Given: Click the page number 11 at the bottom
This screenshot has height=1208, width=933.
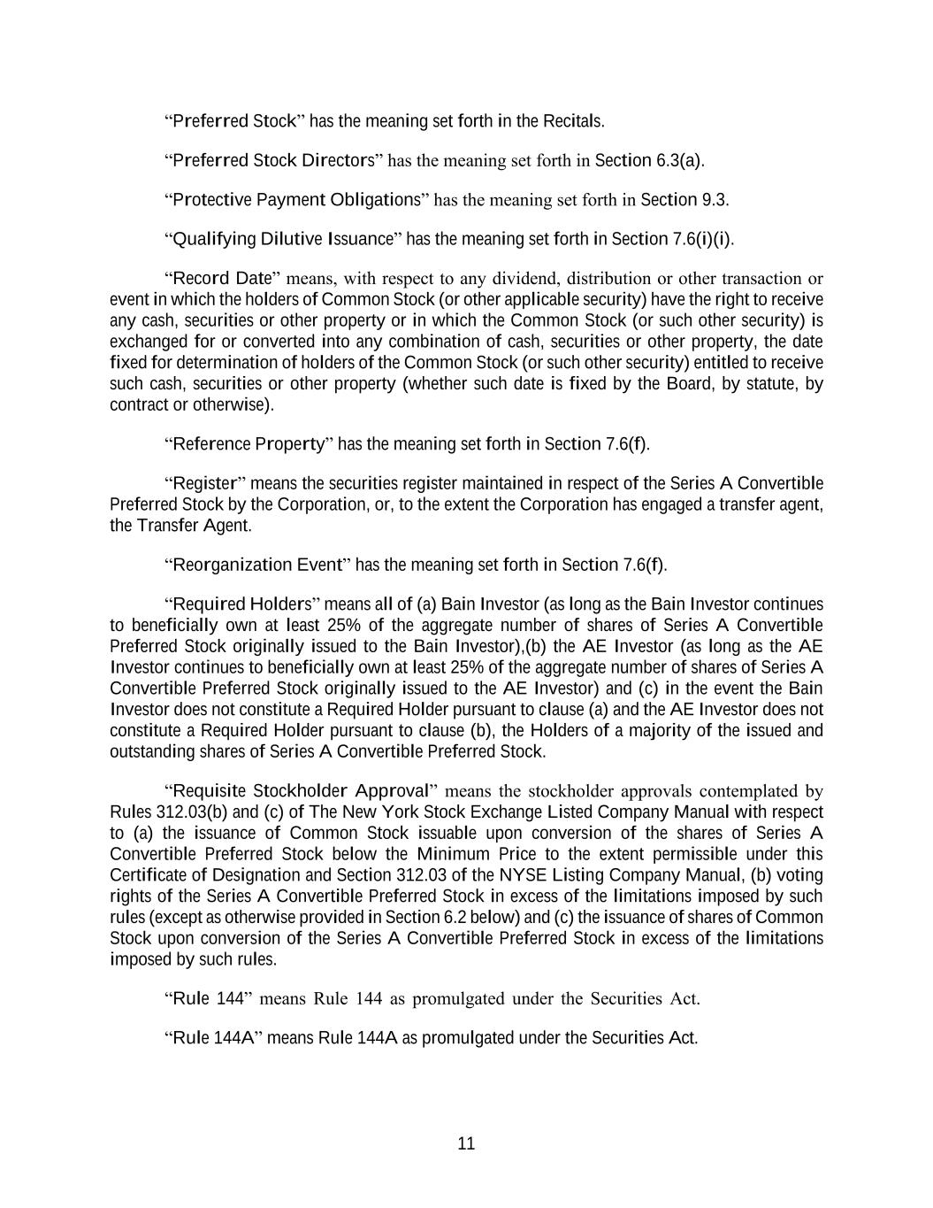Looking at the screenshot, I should (466, 1143).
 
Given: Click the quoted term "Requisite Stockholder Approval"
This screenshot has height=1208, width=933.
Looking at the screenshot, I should (302, 790).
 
